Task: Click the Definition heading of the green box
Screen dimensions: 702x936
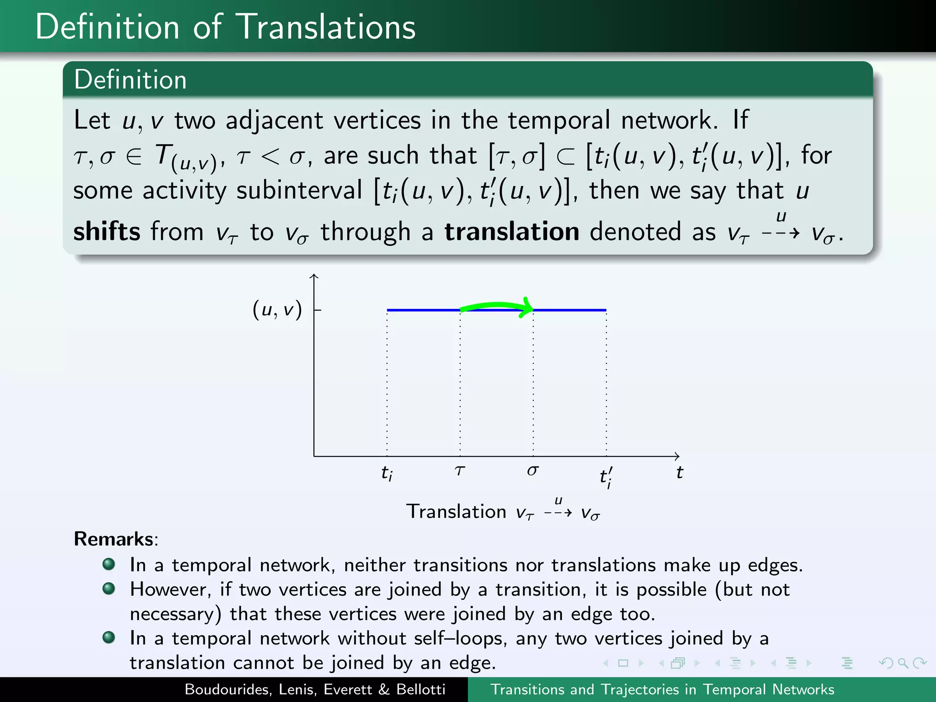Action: pos(130,80)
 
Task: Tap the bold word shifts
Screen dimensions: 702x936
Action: pos(106,231)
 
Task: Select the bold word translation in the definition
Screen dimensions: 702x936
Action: pos(512,231)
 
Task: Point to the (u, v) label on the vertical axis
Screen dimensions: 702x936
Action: pos(277,310)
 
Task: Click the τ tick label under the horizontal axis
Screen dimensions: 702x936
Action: pos(460,471)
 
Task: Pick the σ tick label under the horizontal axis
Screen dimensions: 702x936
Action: pos(532,471)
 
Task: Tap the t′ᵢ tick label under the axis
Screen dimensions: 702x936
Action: pos(606,477)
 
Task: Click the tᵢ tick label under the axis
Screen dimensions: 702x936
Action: pos(387,473)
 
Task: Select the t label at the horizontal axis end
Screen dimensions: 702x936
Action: pos(680,473)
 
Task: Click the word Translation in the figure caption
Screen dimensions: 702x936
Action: pos(456,511)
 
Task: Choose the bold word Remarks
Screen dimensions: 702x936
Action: pos(114,539)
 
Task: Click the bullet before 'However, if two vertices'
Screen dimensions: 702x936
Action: pos(109,588)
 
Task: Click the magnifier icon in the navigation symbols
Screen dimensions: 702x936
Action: pos(903,663)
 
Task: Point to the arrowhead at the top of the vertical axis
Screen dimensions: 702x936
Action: pos(314,276)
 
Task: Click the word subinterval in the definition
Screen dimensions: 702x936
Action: pos(299,191)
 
